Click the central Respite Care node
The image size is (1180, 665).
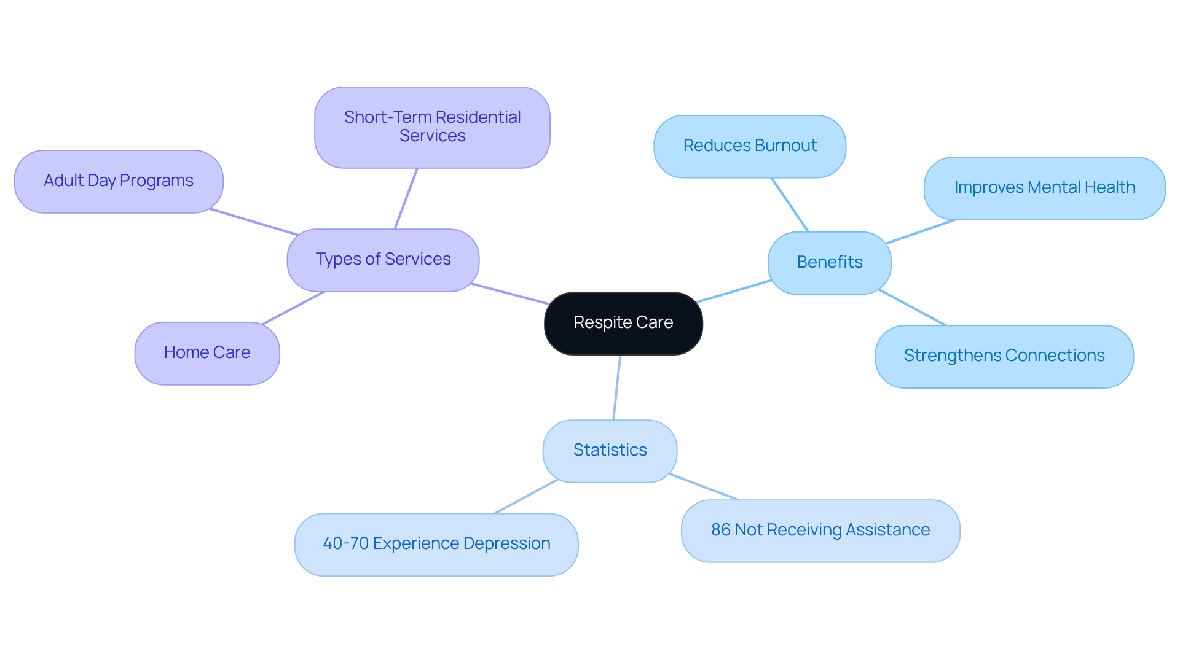coord(623,323)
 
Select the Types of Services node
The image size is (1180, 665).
coord(383,260)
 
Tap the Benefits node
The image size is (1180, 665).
coord(829,263)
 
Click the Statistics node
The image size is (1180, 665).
coord(610,451)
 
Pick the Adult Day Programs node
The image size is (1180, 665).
coord(119,181)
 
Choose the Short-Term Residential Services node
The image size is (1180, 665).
coord(432,127)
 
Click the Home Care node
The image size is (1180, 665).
coord(207,353)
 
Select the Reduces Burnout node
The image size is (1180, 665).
coord(750,146)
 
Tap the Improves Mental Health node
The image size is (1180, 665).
coord(1044,188)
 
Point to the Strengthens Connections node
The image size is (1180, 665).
coord(1004,356)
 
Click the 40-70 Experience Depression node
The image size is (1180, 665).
coord(436,544)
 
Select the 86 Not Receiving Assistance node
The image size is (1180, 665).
coord(820,531)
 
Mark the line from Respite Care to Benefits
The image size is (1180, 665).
coord(734,291)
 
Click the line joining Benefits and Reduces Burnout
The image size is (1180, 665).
coord(790,205)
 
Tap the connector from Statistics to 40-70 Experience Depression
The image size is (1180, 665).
coord(525,496)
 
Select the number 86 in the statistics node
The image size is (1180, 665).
coord(720,530)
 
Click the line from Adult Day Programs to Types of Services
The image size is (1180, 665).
coord(254,222)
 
